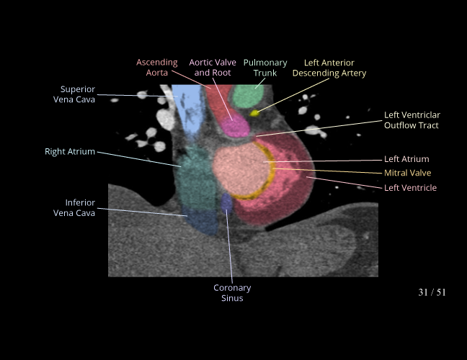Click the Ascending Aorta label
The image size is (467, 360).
(x=156, y=68)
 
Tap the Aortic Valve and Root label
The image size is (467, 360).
(x=213, y=68)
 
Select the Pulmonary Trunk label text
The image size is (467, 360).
(x=265, y=68)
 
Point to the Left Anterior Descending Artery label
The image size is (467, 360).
(x=329, y=68)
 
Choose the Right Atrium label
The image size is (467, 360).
(x=70, y=152)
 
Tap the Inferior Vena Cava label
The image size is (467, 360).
(x=74, y=207)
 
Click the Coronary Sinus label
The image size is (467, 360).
(x=232, y=293)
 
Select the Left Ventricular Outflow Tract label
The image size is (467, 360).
(x=412, y=120)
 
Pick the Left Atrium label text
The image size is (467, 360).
(x=406, y=159)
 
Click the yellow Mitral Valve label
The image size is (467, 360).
(x=408, y=173)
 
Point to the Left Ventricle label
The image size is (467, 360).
(x=410, y=188)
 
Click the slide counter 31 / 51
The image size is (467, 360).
(x=432, y=292)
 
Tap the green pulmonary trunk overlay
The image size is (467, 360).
(x=249, y=95)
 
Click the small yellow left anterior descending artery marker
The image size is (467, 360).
(x=254, y=112)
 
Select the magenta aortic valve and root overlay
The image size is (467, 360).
(x=233, y=125)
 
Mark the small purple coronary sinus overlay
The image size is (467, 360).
(x=227, y=202)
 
